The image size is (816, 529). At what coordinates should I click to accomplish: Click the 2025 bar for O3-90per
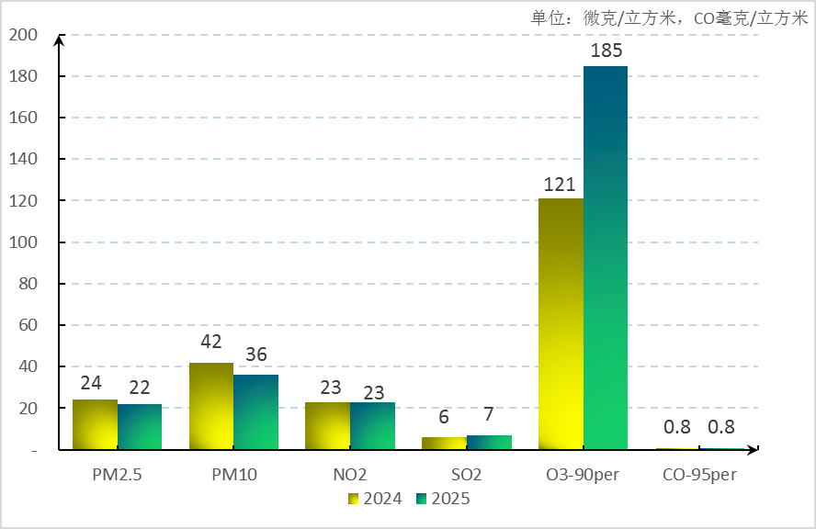point(606,257)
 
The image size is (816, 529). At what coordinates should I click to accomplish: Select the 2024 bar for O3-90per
point(561,323)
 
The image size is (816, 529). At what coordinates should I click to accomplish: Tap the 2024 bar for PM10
point(211,406)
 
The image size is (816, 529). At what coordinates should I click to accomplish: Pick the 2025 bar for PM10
point(256,411)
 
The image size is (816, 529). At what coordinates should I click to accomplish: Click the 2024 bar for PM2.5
point(95,424)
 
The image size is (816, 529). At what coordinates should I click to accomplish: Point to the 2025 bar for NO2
point(373,425)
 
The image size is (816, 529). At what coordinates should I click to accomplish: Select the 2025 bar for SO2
point(489,442)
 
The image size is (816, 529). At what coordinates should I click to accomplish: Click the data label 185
point(606,51)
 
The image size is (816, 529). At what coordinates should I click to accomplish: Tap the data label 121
point(560,185)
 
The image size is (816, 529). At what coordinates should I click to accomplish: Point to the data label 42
point(211,342)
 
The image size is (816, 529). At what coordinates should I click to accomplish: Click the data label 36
point(255,355)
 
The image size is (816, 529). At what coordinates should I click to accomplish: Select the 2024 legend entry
point(375,499)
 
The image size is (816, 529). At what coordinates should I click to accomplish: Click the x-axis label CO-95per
point(699,475)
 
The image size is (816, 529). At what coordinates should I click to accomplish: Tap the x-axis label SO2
point(467,475)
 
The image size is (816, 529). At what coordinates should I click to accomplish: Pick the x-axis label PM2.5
point(117,475)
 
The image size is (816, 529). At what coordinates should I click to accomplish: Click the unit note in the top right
point(669,17)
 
